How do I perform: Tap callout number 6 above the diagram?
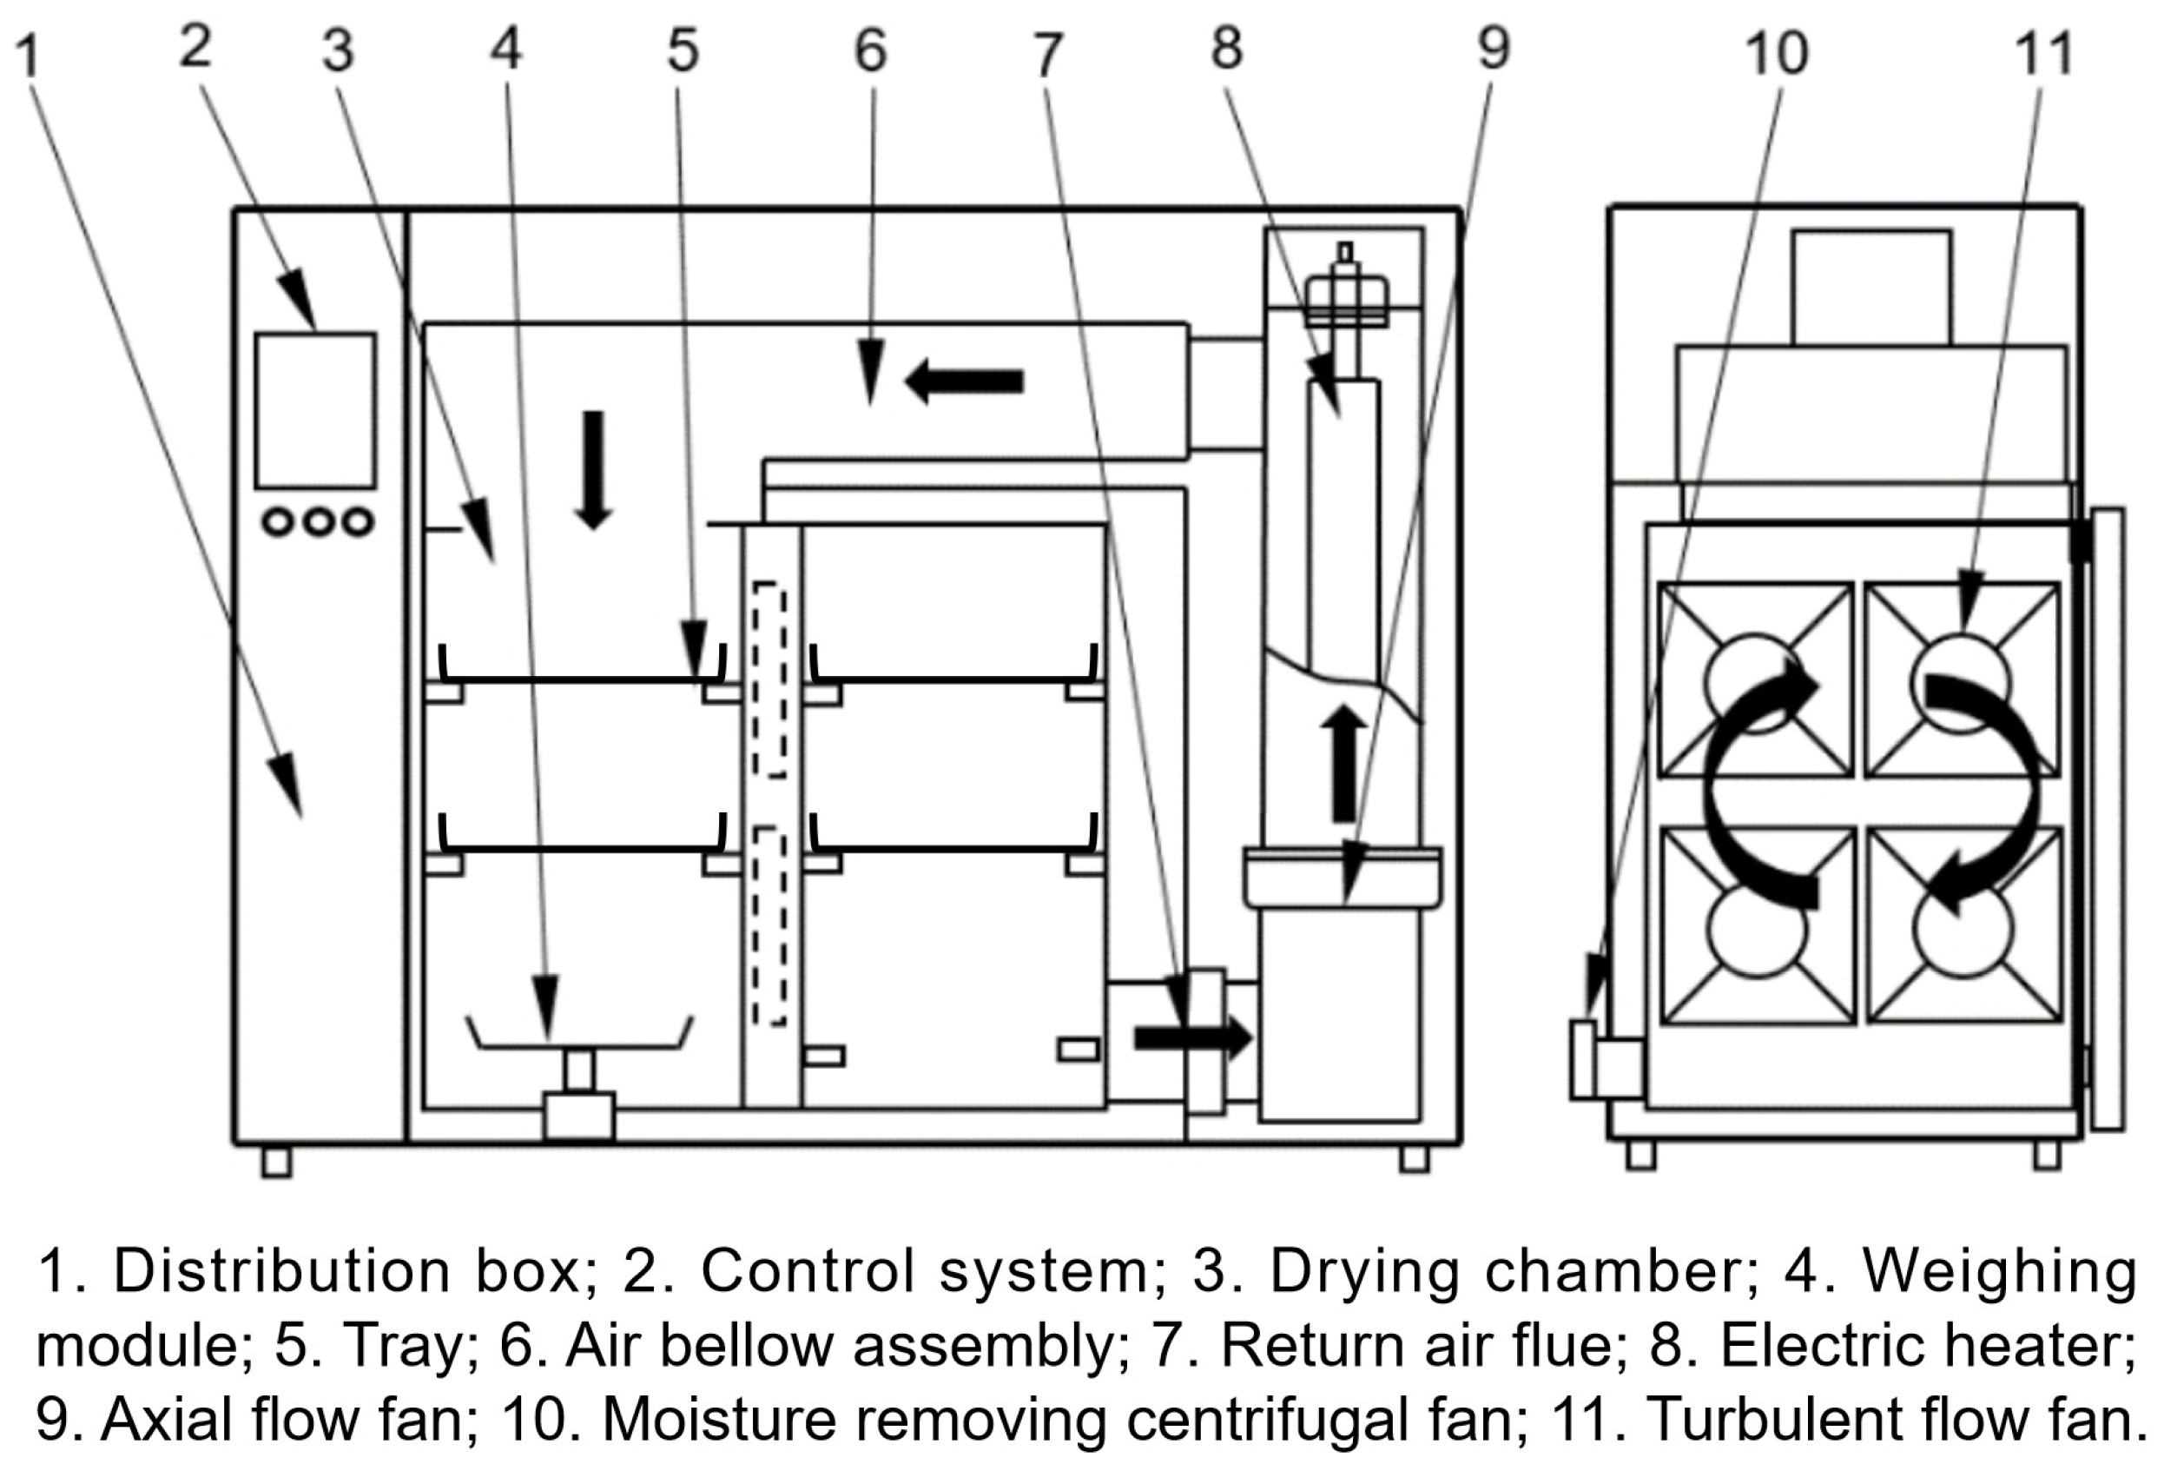coord(871,51)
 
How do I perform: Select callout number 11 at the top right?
coord(2045,54)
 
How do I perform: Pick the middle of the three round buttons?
coord(320,521)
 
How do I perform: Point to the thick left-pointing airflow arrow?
coord(965,381)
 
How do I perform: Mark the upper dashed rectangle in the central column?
coord(769,679)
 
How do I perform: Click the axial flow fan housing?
coord(1343,878)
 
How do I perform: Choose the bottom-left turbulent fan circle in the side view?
coord(1757,929)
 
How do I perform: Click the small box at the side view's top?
coord(1871,288)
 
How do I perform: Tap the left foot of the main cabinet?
coord(276,1162)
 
